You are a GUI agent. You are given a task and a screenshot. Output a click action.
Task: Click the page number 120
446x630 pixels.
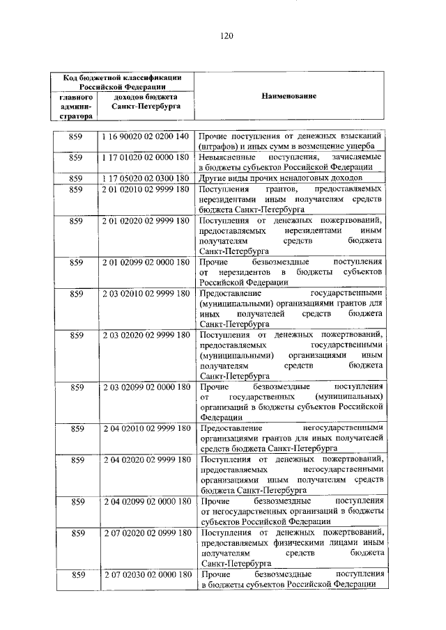(x=223, y=36)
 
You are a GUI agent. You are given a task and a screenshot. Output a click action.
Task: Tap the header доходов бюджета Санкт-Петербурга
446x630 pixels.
(x=146, y=102)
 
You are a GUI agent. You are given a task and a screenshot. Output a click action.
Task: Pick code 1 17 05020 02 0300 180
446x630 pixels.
(x=146, y=178)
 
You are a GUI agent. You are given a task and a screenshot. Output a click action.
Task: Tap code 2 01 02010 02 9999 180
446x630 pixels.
(x=146, y=189)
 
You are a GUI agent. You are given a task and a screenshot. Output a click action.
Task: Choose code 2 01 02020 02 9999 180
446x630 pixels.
(x=146, y=221)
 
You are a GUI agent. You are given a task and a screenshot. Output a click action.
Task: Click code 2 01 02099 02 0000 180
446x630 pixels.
(x=146, y=262)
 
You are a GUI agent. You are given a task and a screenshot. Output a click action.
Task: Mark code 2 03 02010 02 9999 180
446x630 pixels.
(x=146, y=294)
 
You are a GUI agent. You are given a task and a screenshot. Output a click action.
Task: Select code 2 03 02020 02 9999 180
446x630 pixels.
(x=146, y=336)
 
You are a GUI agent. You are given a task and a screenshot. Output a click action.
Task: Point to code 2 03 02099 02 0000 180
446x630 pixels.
(x=146, y=386)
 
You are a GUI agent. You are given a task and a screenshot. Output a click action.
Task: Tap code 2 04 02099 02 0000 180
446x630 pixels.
(x=146, y=501)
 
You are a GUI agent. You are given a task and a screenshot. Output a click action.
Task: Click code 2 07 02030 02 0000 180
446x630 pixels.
(x=146, y=575)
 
